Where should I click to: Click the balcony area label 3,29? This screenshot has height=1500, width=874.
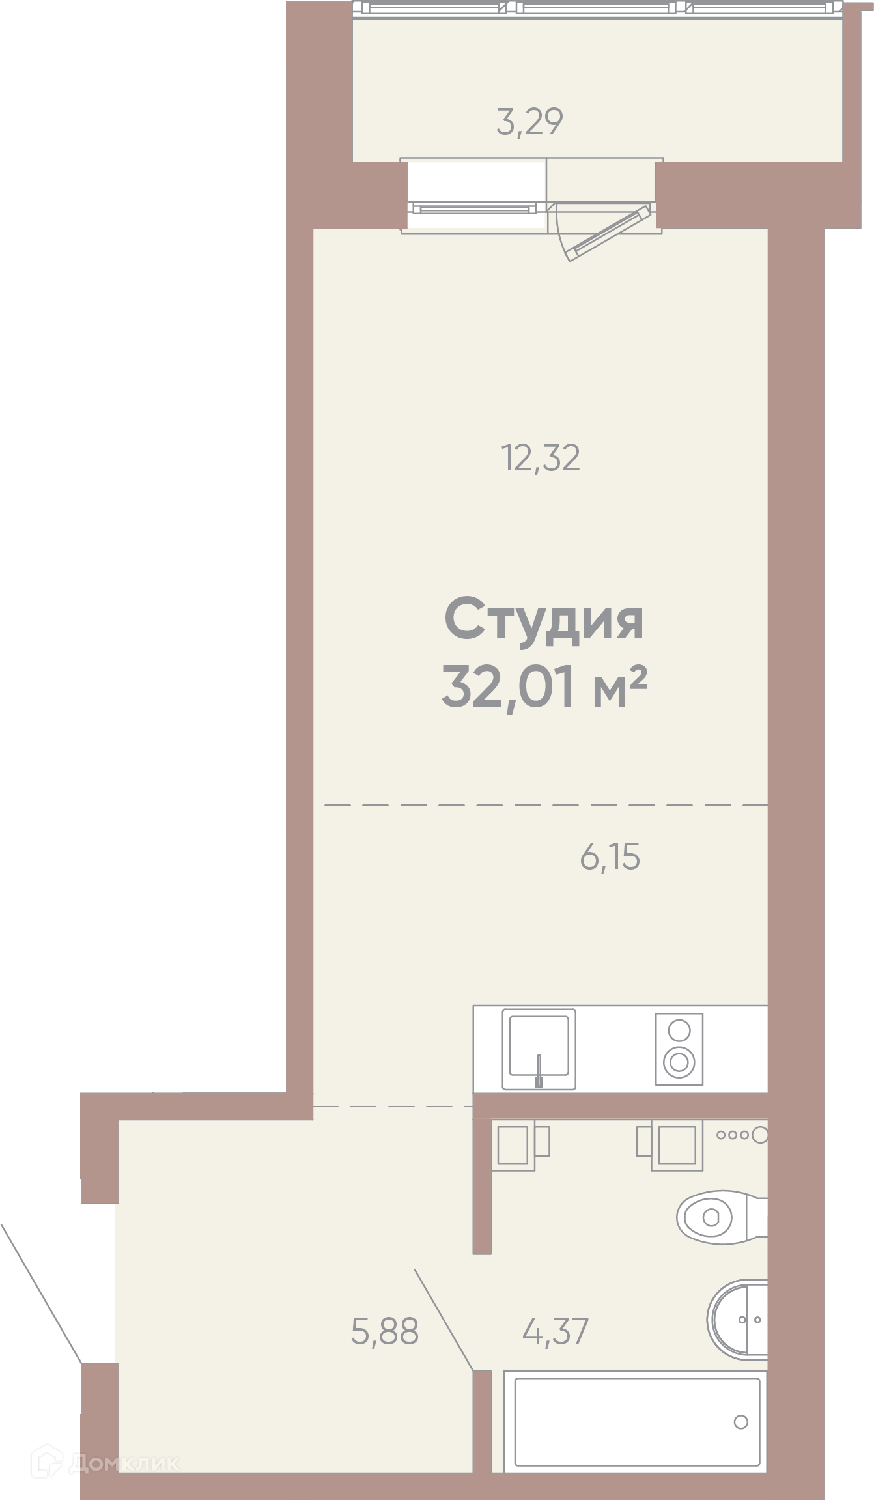point(529,122)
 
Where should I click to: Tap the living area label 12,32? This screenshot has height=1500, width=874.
point(540,458)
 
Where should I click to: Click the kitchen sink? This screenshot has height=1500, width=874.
point(539,1049)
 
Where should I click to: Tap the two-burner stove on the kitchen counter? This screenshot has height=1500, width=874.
point(679,1049)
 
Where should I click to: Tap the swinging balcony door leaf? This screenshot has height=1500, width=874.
point(608,233)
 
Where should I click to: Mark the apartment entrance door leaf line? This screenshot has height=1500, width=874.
point(41,1294)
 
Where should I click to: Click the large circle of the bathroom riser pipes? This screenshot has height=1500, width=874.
point(760,1135)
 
